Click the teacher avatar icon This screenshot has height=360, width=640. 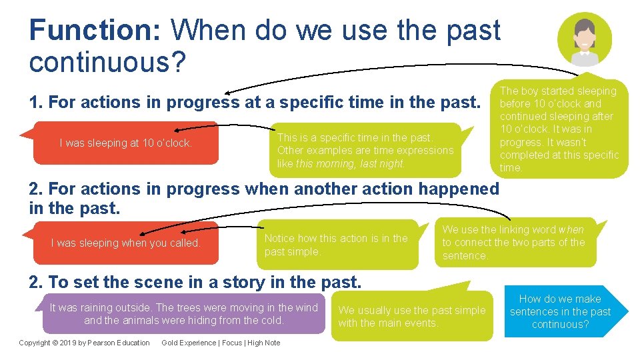tap(584, 40)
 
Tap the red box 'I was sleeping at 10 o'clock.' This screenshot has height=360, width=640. tap(126, 143)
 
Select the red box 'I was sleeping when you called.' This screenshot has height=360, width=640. tap(126, 243)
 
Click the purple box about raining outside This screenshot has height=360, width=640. tap(184, 313)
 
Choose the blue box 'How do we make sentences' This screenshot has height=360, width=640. tap(560, 312)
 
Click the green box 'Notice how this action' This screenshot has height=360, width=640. tap(336, 245)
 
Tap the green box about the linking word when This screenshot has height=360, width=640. tap(513, 243)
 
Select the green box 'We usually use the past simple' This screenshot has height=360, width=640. tap(411, 317)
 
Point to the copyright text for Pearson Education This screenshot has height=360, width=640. tap(84, 343)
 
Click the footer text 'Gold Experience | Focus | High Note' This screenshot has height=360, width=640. tap(221, 343)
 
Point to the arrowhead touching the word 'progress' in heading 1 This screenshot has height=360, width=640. tap(229, 93)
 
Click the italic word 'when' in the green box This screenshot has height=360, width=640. tap(571, 230)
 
